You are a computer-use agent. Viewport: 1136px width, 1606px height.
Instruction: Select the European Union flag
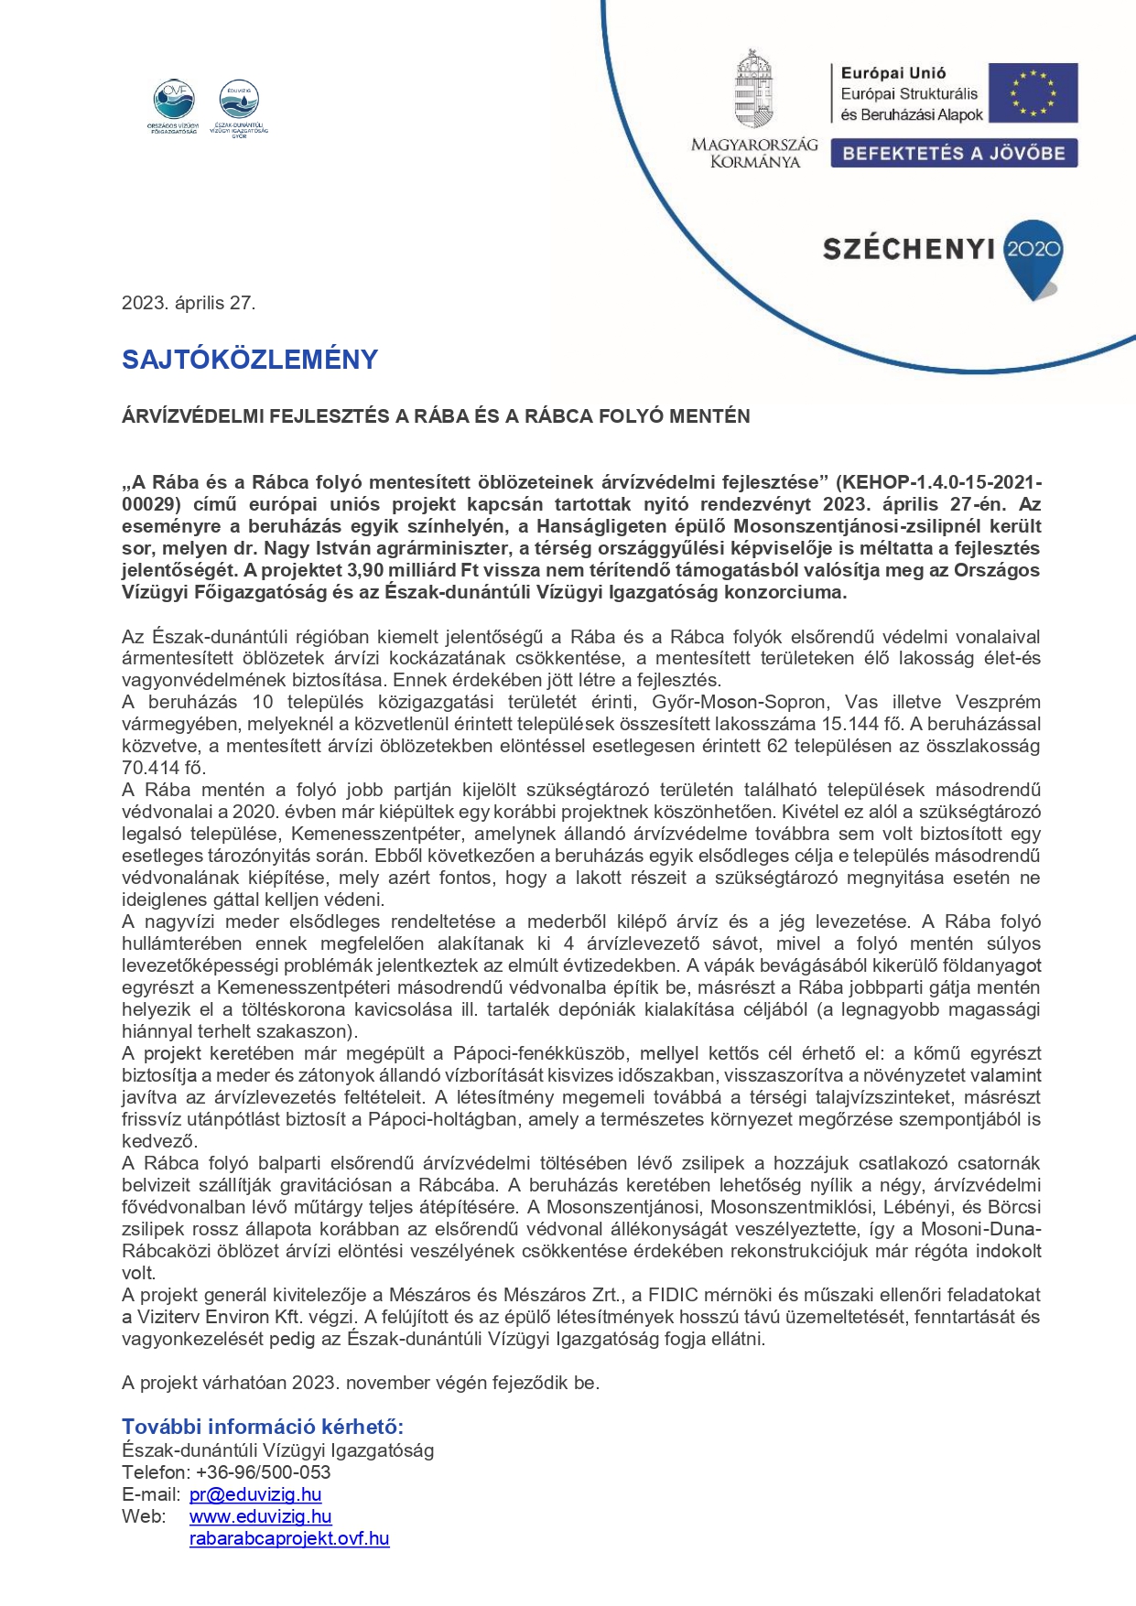coord(1033,92)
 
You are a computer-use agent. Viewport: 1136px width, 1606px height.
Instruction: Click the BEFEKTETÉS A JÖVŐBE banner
coord(954,153)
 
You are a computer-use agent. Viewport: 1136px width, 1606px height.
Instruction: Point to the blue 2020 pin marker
coord(1033,254)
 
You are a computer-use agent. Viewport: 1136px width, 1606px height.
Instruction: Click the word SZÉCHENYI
coord(908,249)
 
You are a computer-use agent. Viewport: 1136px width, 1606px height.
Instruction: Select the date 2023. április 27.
coord(189,304)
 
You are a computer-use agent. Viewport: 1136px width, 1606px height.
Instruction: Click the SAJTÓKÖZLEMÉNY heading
coord(250,360)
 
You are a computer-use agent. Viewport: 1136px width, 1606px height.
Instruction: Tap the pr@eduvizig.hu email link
coord(255,1494)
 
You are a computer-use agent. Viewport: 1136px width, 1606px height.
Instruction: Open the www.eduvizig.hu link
coord(260,1516)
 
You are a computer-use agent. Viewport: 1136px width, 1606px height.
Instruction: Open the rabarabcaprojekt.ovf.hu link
coord(289,1538)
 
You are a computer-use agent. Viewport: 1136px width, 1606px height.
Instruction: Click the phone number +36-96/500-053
coord(264,1472)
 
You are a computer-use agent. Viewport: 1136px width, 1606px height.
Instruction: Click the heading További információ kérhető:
coord(263,1427)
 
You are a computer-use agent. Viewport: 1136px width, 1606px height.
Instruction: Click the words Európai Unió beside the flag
coord(893,73)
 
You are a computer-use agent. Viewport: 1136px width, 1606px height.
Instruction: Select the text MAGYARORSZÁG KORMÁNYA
coord(754,153)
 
